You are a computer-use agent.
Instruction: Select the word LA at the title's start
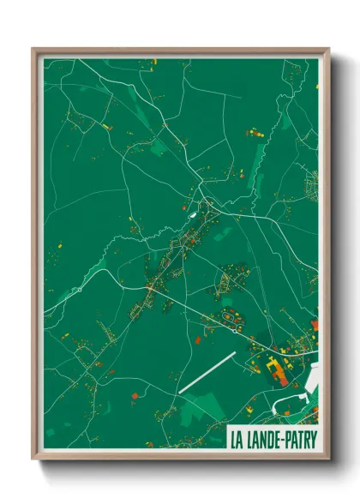[237, 438]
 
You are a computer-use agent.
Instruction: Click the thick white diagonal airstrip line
[206, 373]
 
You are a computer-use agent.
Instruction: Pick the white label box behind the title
[273, 438]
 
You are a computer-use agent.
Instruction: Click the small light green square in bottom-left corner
[50, 432]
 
